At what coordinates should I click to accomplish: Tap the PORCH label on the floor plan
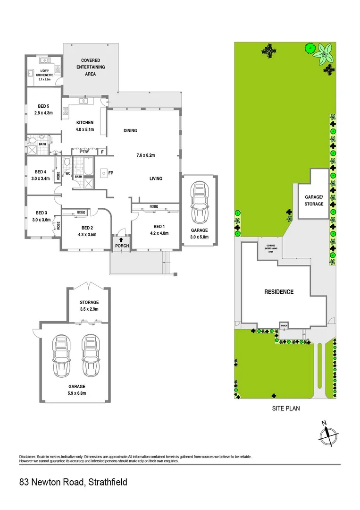click(x=120, y=246)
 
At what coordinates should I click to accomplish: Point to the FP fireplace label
click(x=111, y=173)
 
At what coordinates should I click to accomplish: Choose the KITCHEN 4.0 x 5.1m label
click(x=85, y=126)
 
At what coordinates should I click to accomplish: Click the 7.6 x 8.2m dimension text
click(x=146, y=155)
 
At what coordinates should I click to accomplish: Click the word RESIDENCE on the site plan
click(x=278, y=292)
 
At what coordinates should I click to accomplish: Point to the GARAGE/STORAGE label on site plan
click(x=314, y=201)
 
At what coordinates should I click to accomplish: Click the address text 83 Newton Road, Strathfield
click(x=73, y=482)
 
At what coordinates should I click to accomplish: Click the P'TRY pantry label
click(x=84, y=152)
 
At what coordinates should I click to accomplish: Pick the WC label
click(x=67, y=173)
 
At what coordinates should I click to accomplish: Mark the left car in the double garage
click(x=61, y=354)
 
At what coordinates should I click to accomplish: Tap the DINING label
click(x=130, y=131)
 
